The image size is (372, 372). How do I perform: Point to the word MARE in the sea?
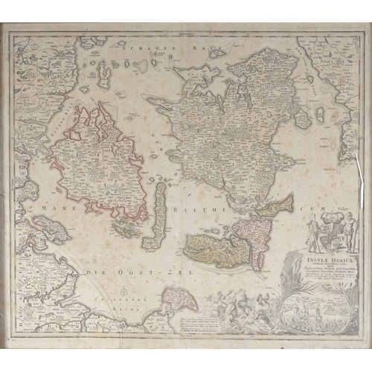[58, 208]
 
